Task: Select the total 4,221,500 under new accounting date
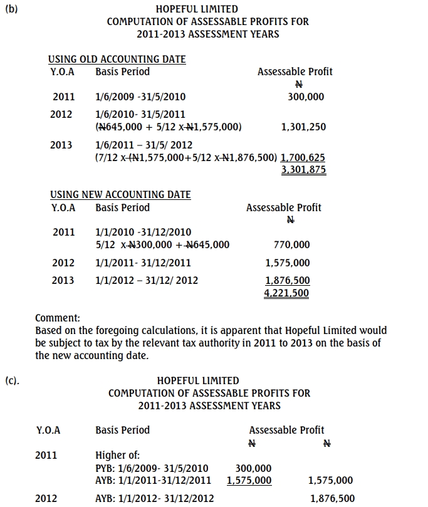click(x=287, y=293)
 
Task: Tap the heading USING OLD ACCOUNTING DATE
click(x=117, y=59)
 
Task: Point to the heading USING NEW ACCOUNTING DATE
click(x=120, y=195)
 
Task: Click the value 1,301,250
click(x=303, y=127)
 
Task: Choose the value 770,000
click(x=292, y=245)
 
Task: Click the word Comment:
click(x=58, y=318)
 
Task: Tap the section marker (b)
click(x=11, y=9)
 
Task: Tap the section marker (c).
click(x=12, y=380)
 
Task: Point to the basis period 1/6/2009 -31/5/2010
click(x=140, y=97)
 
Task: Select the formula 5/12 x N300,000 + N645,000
click(x=162, y=245)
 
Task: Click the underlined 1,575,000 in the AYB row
click(x=249, y=481)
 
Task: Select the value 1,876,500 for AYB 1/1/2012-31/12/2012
click(x=332, y=499)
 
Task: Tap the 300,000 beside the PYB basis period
click(x=253, y=468)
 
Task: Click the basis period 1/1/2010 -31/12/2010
click(x=144, y=233)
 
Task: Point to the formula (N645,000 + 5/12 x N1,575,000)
click(x=168, y=127)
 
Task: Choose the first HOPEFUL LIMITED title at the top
click(x=197, y=9)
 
